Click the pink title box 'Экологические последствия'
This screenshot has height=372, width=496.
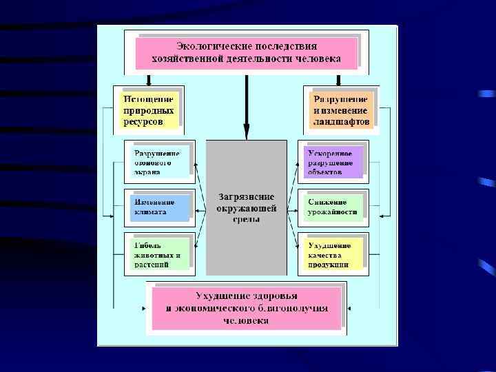(247, 52)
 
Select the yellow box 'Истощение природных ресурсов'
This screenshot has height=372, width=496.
(148, 110)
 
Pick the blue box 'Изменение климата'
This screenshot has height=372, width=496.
(159, 207)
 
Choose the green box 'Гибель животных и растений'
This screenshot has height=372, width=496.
(159, 254)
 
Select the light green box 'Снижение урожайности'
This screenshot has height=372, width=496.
(333, 207)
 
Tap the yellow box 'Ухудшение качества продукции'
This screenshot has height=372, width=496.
(333, 254)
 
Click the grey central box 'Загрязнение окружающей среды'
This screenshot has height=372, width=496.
(247, 207)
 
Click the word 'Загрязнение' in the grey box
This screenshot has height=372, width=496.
(247, 196)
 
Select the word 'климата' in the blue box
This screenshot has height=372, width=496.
(150, 212)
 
